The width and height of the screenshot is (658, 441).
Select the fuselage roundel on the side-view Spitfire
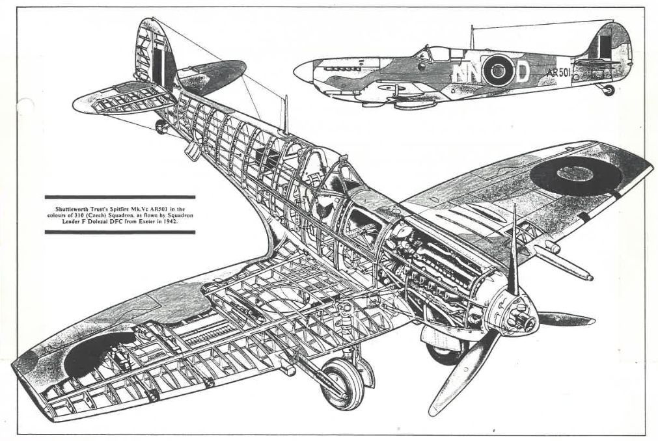pos(497,69)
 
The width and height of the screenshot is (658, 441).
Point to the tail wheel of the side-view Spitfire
pos(609,90)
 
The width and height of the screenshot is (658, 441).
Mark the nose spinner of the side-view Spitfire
pos(301,72)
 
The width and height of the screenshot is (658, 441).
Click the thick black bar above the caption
pos(120,196)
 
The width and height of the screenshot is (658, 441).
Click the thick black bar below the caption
pos(120,232)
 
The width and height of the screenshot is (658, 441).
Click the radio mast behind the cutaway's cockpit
pos(284,114)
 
